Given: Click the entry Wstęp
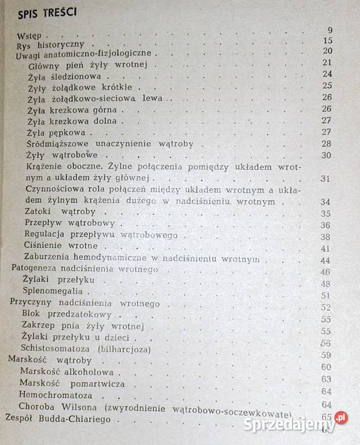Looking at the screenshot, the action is (29, 35).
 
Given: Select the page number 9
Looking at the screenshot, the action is (330, 30).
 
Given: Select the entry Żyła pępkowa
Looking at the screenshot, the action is (58, 132).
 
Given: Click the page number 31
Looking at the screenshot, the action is (327, 179).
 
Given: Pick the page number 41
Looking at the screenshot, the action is (327, 248).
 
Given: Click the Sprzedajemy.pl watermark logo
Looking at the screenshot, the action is (296, 423).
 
